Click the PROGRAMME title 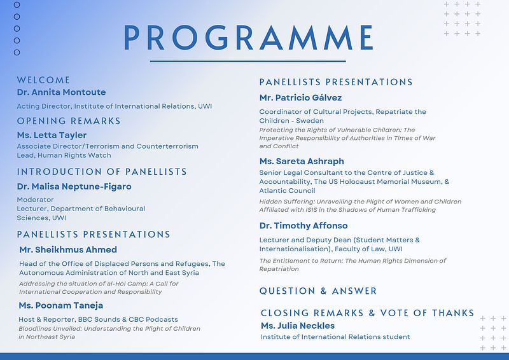(x=248, y=38)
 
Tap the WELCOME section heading (x=43, y=80)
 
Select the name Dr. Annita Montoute (x=61, y=92)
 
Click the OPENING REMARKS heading (x=69, y=121)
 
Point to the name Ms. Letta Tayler (x=52, y=135)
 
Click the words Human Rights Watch (x=74, y=155)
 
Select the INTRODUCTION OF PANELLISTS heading (x=102, y=172)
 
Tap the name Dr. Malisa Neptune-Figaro (x=74, y=186)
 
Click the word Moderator (x=36, y=200)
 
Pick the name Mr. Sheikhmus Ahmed (x=68, y=249)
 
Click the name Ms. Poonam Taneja (x=60, y=305)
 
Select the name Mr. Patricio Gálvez (x=300, y=98)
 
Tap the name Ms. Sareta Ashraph (x=302, y=162)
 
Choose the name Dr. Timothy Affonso (x=303, y=226)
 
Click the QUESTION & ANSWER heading (x=317, y=291)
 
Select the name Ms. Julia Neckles (x=297, y=326)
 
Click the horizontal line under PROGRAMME (x=248, y=61)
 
